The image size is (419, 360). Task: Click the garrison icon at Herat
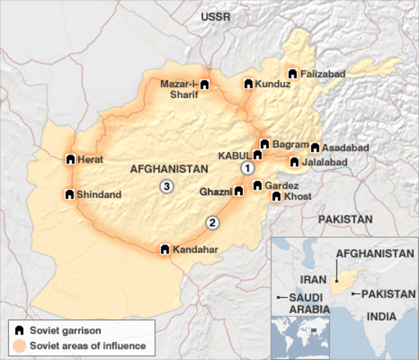tap(70, 160)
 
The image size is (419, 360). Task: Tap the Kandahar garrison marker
tap(165, 249)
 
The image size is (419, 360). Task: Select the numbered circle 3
tap(166, 187)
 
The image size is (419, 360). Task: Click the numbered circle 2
tap(213, 222)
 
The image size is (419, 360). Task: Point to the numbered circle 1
tap(245, 169)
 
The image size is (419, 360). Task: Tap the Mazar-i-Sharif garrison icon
tap(205, 85)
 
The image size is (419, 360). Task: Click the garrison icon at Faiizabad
tap(292, 74)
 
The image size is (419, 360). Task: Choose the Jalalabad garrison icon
tap(294, 162)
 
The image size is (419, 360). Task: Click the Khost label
tap(298, 196)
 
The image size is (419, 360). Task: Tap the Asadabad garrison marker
tap(315, 148)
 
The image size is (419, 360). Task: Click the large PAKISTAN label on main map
tap(345, 219)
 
